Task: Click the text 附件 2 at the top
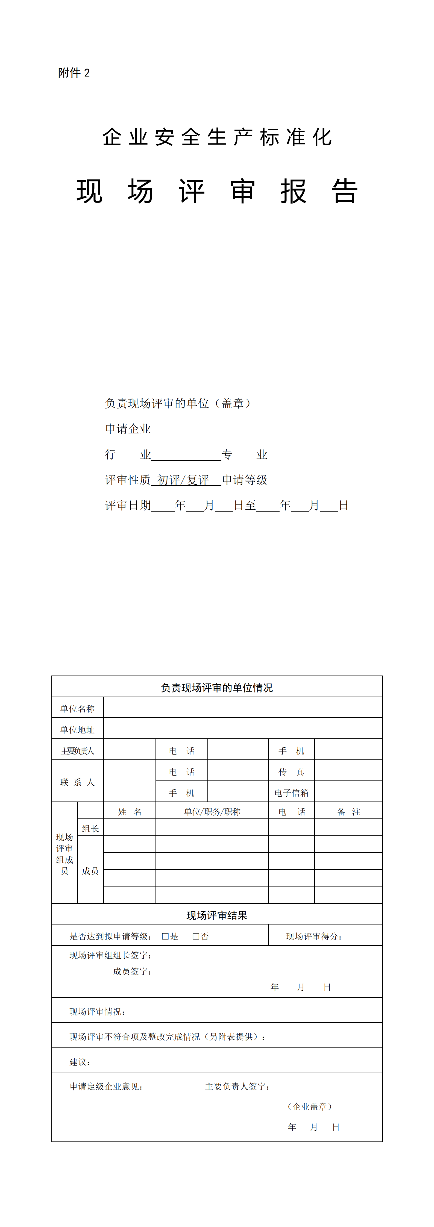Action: click(74, 73)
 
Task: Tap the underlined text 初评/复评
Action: click(183, 480)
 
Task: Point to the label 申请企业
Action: click(128, 429)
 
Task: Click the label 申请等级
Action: click(245, 480)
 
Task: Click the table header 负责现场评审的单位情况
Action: click(217, 688)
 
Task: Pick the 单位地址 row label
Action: click(77, 730)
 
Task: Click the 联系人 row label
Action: click(77, 782)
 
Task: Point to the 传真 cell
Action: click(291, 772)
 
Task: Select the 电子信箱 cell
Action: click(291, 792)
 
